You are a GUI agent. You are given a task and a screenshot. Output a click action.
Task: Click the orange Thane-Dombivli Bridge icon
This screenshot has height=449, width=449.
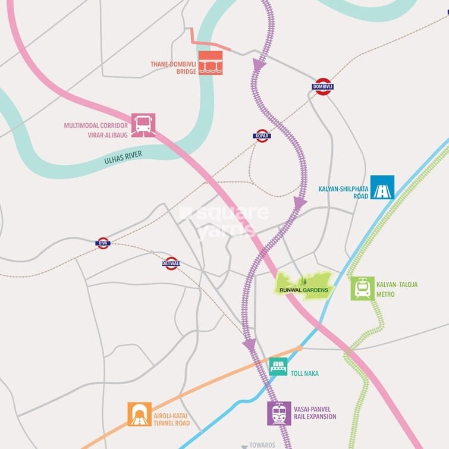(210, 63)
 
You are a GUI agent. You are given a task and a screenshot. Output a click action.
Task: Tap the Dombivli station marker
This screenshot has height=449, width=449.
(322, 87)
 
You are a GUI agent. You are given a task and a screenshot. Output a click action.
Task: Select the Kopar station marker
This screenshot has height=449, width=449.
(262, 136)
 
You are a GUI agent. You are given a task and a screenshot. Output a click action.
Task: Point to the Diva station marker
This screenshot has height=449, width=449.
(103, 243)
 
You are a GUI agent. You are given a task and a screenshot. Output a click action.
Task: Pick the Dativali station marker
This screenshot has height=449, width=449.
(171, 263)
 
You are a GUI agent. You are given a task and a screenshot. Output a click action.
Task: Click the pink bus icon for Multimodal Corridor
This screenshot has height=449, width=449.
(143, 125)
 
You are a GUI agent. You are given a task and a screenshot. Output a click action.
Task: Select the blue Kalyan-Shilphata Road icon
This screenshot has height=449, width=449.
(382, 187)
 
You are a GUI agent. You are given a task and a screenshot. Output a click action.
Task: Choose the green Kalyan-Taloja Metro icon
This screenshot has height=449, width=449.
(362, 288)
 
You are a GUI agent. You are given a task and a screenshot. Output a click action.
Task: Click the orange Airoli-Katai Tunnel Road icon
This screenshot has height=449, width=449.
(139, 414)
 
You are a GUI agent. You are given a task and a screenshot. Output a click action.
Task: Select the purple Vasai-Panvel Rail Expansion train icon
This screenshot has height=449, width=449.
(279, 413)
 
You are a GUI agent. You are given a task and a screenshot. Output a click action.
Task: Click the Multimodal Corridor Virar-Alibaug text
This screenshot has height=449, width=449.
(95, 130)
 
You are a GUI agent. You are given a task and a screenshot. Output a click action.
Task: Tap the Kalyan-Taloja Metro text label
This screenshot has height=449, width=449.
(398, 288)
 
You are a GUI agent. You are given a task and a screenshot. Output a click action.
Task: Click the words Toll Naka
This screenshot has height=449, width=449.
(304, 373)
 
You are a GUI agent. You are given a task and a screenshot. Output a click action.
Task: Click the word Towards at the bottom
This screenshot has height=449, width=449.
(262, 445)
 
